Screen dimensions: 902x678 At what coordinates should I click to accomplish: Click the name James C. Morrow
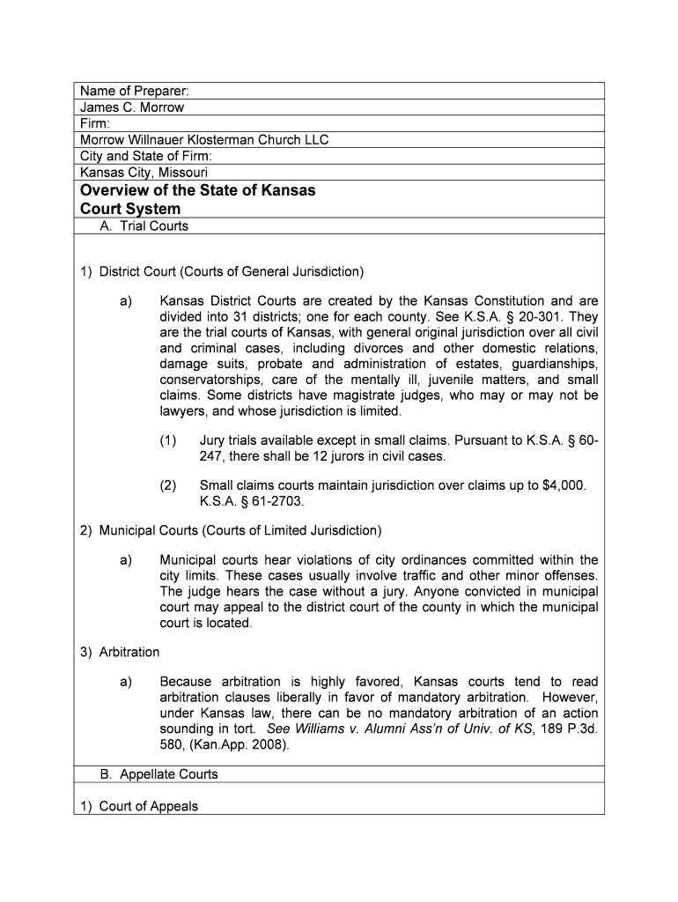pyautogui.click(x=132, y=107)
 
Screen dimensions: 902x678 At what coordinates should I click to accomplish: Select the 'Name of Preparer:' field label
pyautogui.click(x=135, y=92)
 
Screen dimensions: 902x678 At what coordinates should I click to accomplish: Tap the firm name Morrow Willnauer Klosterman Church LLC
pyautogui.click(x=204, y=140)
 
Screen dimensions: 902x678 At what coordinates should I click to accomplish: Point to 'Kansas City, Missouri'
pyautogui.click(x=144, y=173)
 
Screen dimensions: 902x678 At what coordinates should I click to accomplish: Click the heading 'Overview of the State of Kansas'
pyautogui.click(x=197, y=191)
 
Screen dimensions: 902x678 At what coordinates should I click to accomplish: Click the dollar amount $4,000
pyautogui.click(x=562, y=485)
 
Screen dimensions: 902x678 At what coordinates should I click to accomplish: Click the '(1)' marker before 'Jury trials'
pyautogui.click(x=168, y=440)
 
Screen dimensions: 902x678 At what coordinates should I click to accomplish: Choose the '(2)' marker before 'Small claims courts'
pyautogui.click(x=168, y=485)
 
